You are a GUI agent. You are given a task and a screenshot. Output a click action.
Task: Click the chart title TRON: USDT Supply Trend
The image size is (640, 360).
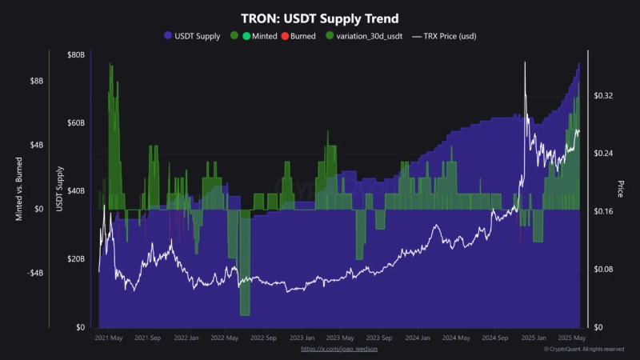[x=320, y=18]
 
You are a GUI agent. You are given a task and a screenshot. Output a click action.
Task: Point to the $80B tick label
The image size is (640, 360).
[x=75, y=54]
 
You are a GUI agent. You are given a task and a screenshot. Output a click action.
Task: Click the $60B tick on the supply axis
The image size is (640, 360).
[x=75, y=122]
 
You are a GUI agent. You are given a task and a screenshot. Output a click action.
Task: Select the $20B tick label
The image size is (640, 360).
[x=75, y=259]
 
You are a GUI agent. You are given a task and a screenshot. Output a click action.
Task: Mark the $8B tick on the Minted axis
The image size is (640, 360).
[x=37, y=81]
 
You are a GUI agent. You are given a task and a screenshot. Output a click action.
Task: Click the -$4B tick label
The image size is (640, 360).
[x=35, y=273]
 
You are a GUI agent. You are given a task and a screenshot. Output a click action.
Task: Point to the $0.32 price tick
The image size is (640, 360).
[x=603, y=95]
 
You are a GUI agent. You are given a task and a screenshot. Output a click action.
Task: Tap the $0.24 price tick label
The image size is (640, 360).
[x=603, y=153]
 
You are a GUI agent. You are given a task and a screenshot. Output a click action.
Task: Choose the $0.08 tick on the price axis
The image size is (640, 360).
[x=603, y=270]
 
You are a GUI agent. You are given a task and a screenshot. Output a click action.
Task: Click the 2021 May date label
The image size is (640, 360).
[x=109, y=338]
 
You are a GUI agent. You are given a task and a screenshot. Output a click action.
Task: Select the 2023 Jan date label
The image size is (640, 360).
[x=302, y=338]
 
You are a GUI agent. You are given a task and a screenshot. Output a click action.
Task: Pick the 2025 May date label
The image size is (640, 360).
[x=572, y=338]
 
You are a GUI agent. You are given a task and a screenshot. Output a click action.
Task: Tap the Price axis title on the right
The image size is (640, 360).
[x=620, y=190]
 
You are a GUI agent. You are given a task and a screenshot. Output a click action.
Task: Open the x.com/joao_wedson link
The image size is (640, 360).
[x=339, y=349]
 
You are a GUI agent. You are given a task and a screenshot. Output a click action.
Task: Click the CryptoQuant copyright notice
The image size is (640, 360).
[x=584, y=349]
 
